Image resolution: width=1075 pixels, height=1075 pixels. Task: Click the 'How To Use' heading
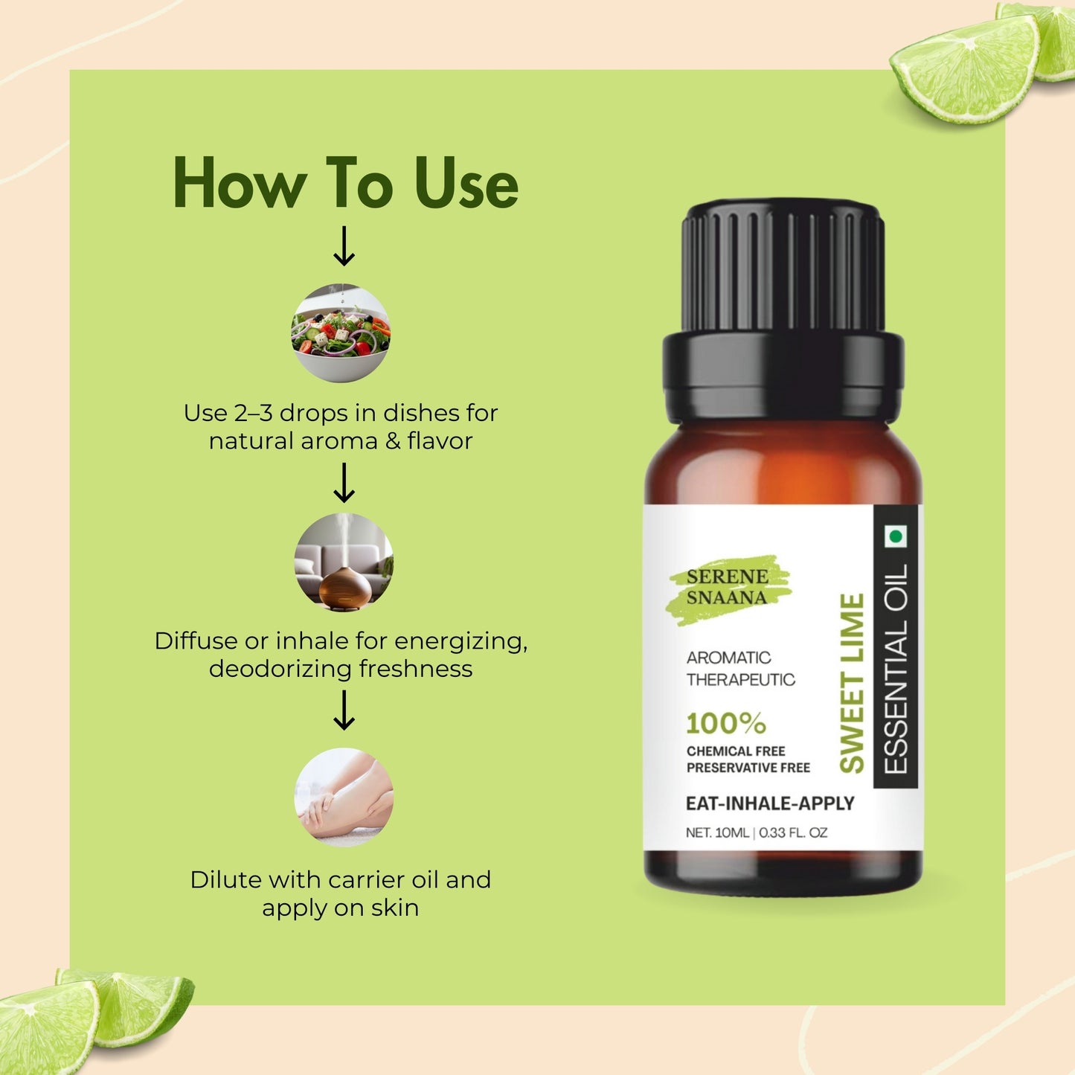(345, 183)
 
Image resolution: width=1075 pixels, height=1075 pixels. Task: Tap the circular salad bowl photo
(340, 333)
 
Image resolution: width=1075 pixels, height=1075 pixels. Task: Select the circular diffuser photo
(344, 562)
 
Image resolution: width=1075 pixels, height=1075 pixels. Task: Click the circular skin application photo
(344, 797)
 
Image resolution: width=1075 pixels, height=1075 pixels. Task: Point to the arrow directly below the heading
(344, 247)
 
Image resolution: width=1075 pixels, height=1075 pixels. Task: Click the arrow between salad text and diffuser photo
(344, 483)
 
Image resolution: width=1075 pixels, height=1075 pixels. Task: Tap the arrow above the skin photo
(344, 710)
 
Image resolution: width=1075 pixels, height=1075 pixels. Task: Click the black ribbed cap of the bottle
(783, 268)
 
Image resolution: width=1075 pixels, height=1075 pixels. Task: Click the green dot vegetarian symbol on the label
(896, 536)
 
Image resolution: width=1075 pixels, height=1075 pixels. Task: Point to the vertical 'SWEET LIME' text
(852, 683)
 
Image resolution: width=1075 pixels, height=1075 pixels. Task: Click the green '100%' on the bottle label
(725, 723)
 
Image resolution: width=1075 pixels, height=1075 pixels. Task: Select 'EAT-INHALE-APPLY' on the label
(769, 803)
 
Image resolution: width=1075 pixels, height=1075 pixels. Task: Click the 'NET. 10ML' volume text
(717, 832)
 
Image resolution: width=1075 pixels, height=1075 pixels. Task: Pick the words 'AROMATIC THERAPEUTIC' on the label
(740, 668)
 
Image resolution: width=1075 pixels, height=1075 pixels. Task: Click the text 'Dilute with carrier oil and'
(341, 879)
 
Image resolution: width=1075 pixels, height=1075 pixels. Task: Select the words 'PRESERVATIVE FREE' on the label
(748, 768)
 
